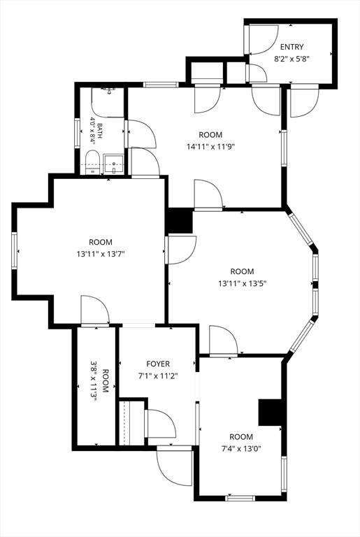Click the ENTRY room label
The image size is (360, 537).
[291, 47]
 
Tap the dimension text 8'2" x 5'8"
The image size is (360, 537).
[291, 59]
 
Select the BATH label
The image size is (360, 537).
[100, 131]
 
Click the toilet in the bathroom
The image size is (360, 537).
[92, 162]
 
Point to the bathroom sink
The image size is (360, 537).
[113, 164]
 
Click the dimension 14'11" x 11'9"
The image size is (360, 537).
[210, 147]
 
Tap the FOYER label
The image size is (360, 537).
[158, 364]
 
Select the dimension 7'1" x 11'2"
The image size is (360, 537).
[158, 376]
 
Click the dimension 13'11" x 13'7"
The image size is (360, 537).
[101, 254]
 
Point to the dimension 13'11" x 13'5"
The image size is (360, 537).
[242, 284]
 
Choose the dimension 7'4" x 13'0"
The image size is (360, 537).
[241, 449]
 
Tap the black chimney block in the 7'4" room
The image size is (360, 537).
[270, 413]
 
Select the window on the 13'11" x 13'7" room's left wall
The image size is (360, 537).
[14, 250]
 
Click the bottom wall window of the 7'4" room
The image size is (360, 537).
[240, 498]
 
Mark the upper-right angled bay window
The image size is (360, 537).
[301, 229]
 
